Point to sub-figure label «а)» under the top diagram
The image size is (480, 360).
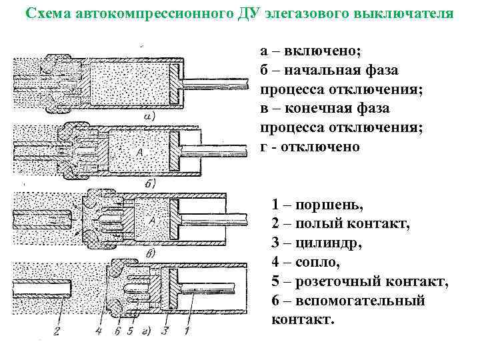click(149, 116)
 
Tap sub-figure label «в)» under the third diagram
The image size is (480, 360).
click(150, 253)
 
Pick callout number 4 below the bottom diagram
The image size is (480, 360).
click(98, 328)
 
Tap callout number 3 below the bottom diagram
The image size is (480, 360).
click(163, 328)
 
